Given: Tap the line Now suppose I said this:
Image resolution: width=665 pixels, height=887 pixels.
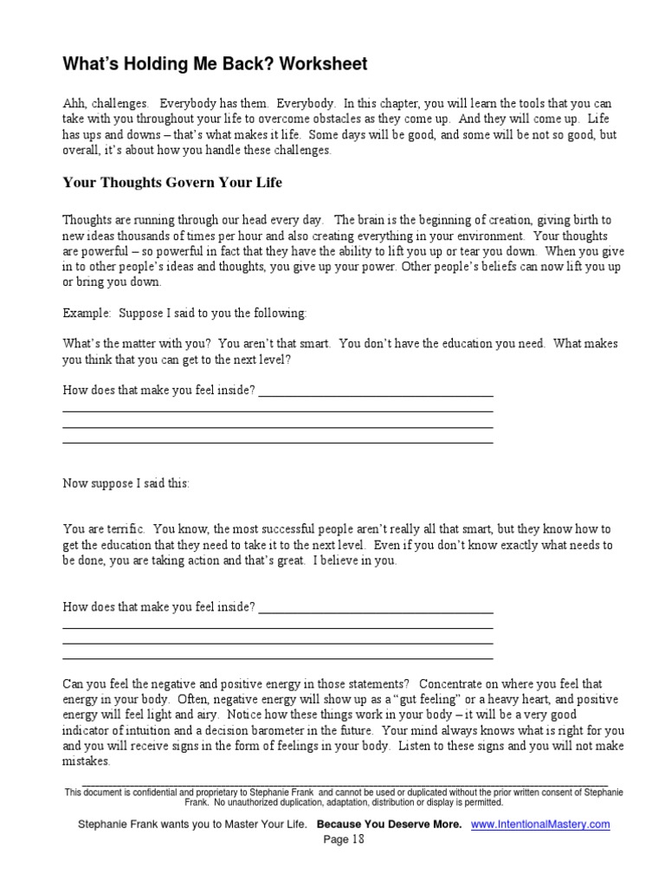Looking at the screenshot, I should [126, 483].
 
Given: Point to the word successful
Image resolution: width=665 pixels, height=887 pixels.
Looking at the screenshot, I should [312, 528].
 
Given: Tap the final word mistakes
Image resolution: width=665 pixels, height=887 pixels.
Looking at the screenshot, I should [87, 761].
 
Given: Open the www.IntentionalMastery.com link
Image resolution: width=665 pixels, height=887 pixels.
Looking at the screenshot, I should [540, 825].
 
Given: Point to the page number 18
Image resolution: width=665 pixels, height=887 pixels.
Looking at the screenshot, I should [344, 839].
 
